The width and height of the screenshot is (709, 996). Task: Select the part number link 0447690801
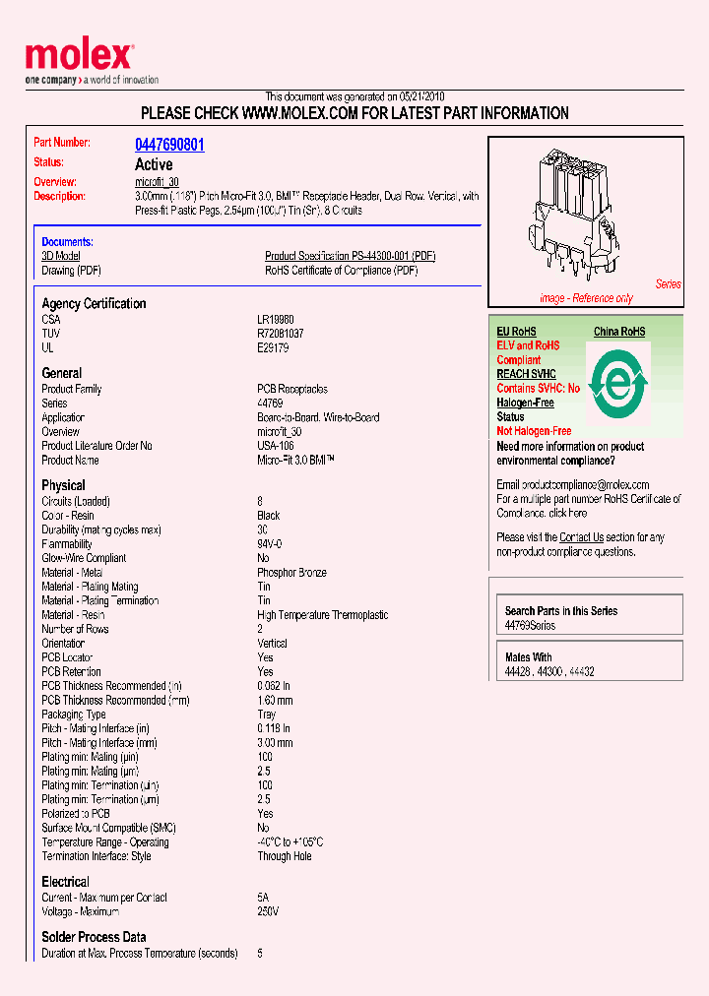pos(169,145)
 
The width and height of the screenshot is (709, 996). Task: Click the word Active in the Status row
pos(154,164)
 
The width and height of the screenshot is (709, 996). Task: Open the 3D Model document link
pos(60,256)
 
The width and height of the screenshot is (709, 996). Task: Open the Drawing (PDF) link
pos(71,270)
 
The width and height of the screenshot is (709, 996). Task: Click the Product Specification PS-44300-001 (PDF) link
pos(350,256)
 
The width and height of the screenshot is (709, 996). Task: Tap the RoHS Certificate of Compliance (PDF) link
pos(341,270)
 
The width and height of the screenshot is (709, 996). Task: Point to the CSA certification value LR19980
pos(276,320)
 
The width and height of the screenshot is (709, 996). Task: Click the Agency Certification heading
pos(94,303)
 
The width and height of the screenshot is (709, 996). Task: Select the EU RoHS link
pos(516,332)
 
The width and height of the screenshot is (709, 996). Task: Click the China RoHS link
pos(619,332)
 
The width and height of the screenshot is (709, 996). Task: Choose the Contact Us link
pos(581,537)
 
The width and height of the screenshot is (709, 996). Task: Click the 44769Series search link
pos(530,625)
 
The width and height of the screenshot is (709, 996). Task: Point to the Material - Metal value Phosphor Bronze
pos(291,573)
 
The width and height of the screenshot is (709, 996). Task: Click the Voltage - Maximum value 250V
pos(268,911)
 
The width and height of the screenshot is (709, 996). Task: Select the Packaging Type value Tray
pos(268,715)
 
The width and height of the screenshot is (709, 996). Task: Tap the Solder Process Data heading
pos(94,937)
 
